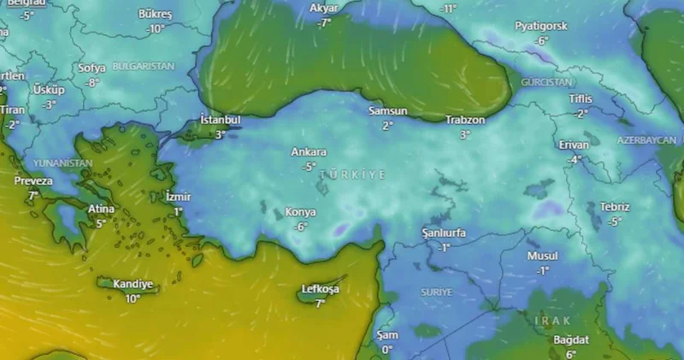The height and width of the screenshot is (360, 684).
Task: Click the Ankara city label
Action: [309, 152]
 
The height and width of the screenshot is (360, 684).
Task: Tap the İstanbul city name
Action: [220, 120]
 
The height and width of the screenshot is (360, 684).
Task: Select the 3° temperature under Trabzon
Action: [465, 134]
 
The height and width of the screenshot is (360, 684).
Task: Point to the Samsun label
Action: [387, 111]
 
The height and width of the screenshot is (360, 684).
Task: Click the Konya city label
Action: [301, 212]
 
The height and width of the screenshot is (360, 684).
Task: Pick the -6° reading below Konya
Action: [300, 227]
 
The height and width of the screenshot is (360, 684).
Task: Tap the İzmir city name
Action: [179, 197]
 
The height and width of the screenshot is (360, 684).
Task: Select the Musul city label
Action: [542, 256]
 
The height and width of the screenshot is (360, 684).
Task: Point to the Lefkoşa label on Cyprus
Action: [321, 289]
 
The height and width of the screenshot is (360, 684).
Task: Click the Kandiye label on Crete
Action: [133, 284]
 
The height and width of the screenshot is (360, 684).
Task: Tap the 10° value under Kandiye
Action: [133, 298]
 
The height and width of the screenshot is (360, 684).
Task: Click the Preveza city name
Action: [33, 181]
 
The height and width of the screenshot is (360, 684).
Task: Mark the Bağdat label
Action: [571, 340]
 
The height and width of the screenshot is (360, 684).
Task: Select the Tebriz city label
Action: [615, 207]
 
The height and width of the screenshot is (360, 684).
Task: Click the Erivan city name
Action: [574, 145]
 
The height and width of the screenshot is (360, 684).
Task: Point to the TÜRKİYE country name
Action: [352, 174]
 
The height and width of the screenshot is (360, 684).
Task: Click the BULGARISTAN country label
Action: [143, 66]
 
